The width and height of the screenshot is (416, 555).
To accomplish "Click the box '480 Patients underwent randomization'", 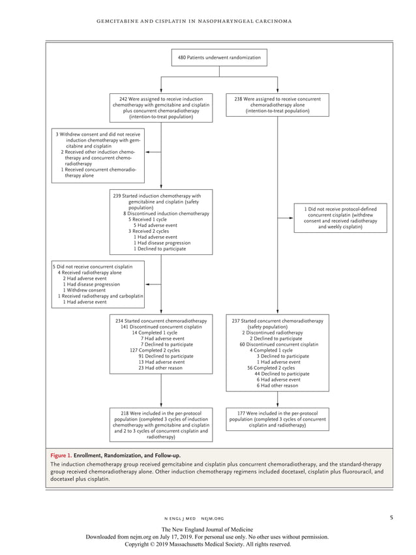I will click(x=219, y=58).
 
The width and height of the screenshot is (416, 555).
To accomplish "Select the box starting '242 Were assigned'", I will click(x=160, y=108).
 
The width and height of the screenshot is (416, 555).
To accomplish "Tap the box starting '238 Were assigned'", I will click(x=278, y=105).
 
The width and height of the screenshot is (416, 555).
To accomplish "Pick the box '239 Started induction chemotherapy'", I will click(x=160, y=222).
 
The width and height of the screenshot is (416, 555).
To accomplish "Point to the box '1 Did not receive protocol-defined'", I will click(x=340, y=218).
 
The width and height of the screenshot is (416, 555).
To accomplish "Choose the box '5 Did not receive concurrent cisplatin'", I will click(x=97, y=284).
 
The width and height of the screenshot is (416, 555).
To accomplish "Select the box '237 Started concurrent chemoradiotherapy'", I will click(x=278, y=353).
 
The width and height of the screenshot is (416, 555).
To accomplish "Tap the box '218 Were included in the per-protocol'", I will click(x=160, y=425).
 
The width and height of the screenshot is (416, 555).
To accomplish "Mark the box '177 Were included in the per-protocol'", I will click(x=278, y=419).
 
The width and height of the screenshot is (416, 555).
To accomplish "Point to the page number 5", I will click(x=391, y=518).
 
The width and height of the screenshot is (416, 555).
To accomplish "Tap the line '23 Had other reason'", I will click(x=160, y=368).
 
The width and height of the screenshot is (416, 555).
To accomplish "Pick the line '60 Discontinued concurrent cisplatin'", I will click(x=278, y=344).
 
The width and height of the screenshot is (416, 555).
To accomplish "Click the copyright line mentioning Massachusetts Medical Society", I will click(x=208, y=544).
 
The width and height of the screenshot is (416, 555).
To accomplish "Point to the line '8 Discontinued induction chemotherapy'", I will click(x=166, y=213).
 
